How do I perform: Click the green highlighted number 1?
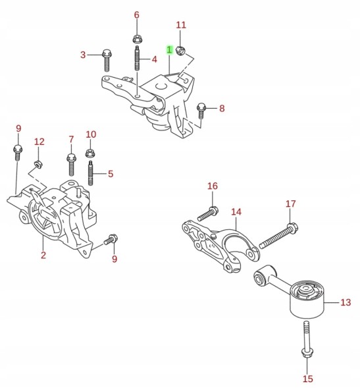tap(169, 50)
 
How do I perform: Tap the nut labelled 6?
tap(136, 39)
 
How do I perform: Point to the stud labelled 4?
tap(137, 59)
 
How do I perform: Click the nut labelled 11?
tap(180, 50)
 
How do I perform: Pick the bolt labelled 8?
tap(201, 111)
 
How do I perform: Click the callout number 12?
tap(39, 142)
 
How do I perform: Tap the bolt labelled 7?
tap(71, 165)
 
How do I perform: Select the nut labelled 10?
tap(91, 153)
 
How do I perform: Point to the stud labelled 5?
tap(91, 173)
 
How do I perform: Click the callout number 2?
tap(43, 255)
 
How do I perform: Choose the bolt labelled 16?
tap(207, 213)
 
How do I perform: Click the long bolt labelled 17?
tap(279, 235)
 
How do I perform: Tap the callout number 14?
tap(236, 212)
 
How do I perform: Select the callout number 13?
tap(346, 302)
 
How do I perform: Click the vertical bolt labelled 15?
tap(307, 339)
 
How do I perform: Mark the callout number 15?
tap(308, 379)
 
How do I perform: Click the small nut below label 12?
tap(38, 164)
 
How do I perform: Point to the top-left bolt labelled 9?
tap(18, 153)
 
